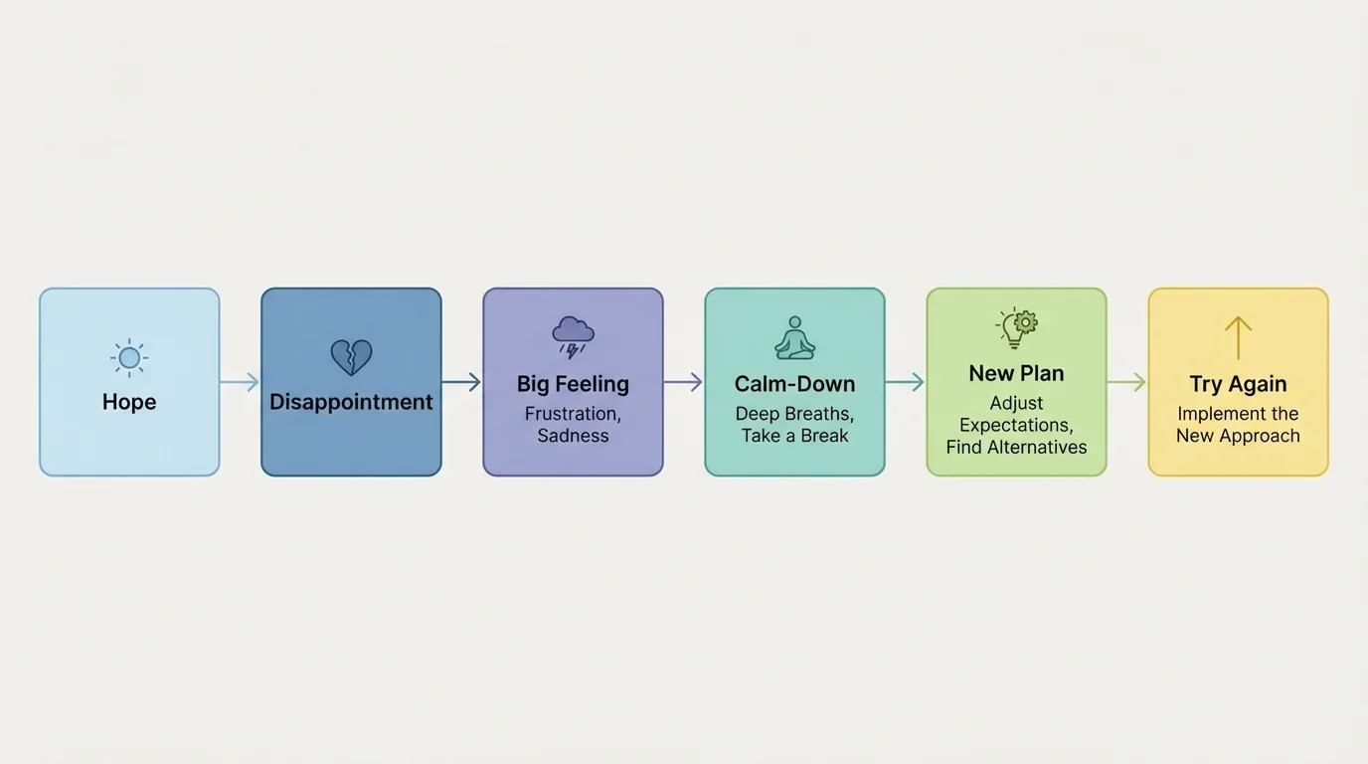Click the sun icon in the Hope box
coord(129,357)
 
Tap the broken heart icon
coord(351,357)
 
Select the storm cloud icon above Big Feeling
coord(574,336)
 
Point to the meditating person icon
coord(794,338)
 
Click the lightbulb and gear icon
coord(1016,327)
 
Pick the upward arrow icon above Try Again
coord(1238,338)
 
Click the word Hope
coord(129,402)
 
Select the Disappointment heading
coord(351,402)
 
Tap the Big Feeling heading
coord(573,384)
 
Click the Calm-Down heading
coord(794,384)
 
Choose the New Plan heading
coord(1016,374)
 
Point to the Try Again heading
coord(1238,384)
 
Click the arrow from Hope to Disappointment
coord(240,382)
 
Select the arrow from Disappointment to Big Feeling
coord(461,382)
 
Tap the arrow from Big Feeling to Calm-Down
coord(683,382)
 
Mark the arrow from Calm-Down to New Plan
coord(905,382)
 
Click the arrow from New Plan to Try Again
coord(1126,382)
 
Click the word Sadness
coord(573,436)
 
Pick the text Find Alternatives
coord(1016,448)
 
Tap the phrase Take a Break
coord(794,436)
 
